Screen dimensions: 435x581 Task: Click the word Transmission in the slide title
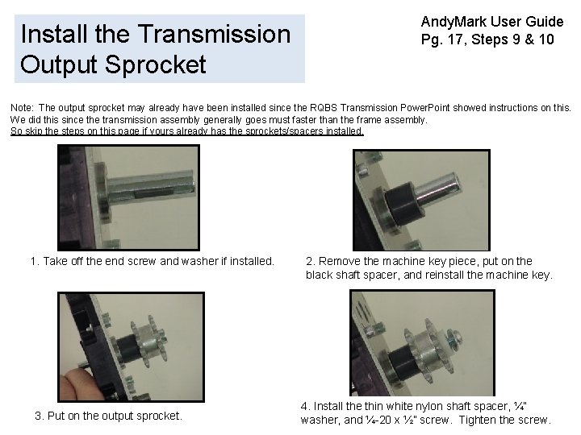point(214,35)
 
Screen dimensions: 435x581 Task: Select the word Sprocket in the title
point(154,64)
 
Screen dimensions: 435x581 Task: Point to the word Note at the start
point(22,107)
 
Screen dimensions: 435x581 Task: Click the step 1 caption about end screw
point(152,261)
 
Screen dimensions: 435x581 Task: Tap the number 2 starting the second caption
point(309,261)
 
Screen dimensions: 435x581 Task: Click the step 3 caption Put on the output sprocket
point(108,416)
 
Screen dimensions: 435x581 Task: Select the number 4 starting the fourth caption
point(304,407)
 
